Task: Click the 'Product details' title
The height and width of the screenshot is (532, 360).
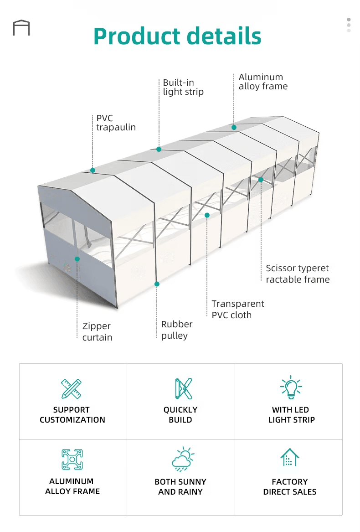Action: coord(177,36)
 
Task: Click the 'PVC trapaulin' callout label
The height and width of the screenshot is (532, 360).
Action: coord(116,123)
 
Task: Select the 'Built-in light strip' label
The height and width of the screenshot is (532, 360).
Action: coord(183,87)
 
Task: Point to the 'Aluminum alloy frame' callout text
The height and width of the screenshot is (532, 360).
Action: coord(263,82)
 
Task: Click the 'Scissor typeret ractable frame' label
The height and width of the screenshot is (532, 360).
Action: coord(298,274)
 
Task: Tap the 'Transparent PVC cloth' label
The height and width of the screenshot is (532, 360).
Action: coord(237,309)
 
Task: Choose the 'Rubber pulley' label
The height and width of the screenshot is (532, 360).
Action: coord(177,330)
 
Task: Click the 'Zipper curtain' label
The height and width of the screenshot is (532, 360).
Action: coord(97,331)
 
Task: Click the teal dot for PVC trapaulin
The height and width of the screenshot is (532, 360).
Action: coord(93,170)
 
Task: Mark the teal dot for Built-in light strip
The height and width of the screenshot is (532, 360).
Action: coord(159,149)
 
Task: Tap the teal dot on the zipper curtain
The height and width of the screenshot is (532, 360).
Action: coord(77,259)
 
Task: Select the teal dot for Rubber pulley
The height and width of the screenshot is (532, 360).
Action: coord(157,284)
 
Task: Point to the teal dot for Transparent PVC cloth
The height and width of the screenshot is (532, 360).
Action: coord(207,215)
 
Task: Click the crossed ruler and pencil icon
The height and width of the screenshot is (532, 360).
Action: coord(71,388)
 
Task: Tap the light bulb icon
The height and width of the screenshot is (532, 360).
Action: coord(291,387)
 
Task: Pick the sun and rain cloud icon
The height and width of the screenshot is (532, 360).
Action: coord(183,459)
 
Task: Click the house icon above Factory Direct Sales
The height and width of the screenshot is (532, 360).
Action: coord(289,457)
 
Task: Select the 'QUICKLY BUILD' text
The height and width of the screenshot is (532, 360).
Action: coord(180,414)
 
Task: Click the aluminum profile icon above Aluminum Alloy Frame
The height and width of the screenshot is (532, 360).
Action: coord(72,460)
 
